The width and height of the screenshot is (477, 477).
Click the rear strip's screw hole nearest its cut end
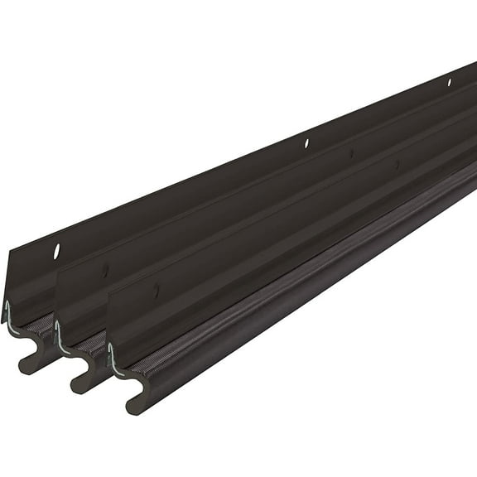pos(57,250)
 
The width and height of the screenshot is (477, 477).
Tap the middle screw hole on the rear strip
pos(306,143)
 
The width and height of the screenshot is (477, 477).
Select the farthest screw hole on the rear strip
pos(449,82)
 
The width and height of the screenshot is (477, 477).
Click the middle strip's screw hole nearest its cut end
pos(105,271)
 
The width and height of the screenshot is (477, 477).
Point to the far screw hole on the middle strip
pos(351,153)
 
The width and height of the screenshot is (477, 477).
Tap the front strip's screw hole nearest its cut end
pos(157,291)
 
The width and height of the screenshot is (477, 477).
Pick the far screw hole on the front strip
pos(396,164)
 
